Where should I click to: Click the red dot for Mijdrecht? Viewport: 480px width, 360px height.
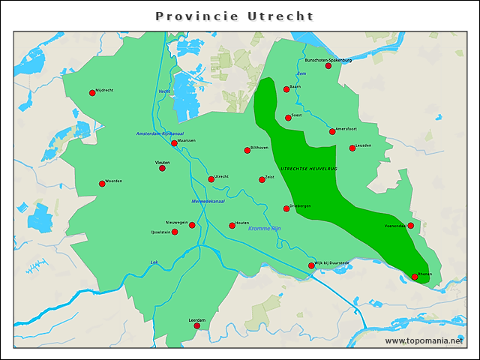pyautogui.click(x=92, y=93)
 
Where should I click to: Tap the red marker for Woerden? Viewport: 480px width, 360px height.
pyautogui.click(x=102, y=184)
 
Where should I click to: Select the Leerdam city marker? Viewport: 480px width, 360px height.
pyautogui.click(x=197, y=325)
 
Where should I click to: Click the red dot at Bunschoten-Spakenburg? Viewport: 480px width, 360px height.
pyautogui.click(x=328, y=66)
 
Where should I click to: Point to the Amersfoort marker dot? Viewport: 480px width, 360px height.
pyautogui.click(x=332, y=132)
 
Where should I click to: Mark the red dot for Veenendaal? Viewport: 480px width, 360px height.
pyautogui.click(x=410, y=225)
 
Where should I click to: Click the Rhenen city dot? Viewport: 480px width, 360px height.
pyautogui.click(x=415, y=277)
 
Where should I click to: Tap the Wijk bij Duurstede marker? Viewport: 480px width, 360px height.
pyautogui.click(x=311, y=265)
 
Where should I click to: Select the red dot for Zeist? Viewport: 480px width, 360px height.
pyautogui.click(x=262, y=179)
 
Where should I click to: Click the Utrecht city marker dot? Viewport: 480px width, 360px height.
pyautogui.click(x=211, y=179)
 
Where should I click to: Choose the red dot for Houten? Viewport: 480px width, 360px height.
pyautogui.click(x=232, y=225)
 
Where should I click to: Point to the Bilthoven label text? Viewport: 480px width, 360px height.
pyautogui.click(x=259, y=148)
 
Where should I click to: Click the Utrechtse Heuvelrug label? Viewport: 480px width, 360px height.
pyautogui.click(x=309, y=169)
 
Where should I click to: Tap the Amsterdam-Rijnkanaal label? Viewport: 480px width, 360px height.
pyautogui.click(x=160, y=133)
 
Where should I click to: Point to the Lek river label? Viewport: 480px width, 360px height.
pyautogui.click(x=154, y=262)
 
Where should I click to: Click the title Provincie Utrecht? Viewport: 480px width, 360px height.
pyautogui.click(x=234, y=16)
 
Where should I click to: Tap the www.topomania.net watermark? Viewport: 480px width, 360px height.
pyautogui.click(x=424, y=340)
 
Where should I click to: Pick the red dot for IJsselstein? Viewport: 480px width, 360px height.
pyautogui.click(x=175, y=232)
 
